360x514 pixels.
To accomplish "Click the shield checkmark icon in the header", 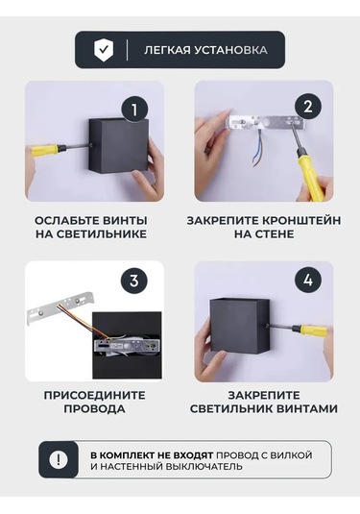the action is click(x=104, y=50).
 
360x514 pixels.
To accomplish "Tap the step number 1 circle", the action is click(x=134, y=110).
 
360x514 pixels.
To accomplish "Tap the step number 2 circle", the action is click(x=308, y=107).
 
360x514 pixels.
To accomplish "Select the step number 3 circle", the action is click(x=134, y=281).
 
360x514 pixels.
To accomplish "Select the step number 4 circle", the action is click(x=308, y=281).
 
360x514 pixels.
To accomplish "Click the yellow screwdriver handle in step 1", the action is click(x=46, y=150).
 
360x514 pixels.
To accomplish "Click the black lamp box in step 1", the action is click(x=119, y=145).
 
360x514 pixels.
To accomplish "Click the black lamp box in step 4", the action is click(x=239, y=327).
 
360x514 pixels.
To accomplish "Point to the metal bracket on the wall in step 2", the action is click(x=264, y=124).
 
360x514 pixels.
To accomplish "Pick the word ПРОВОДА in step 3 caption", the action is click(x=94, y=408).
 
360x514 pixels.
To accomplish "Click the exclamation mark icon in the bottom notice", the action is click(x=59, y=459).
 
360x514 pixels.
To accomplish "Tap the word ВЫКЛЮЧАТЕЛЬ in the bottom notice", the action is click(x=204, y=466).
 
